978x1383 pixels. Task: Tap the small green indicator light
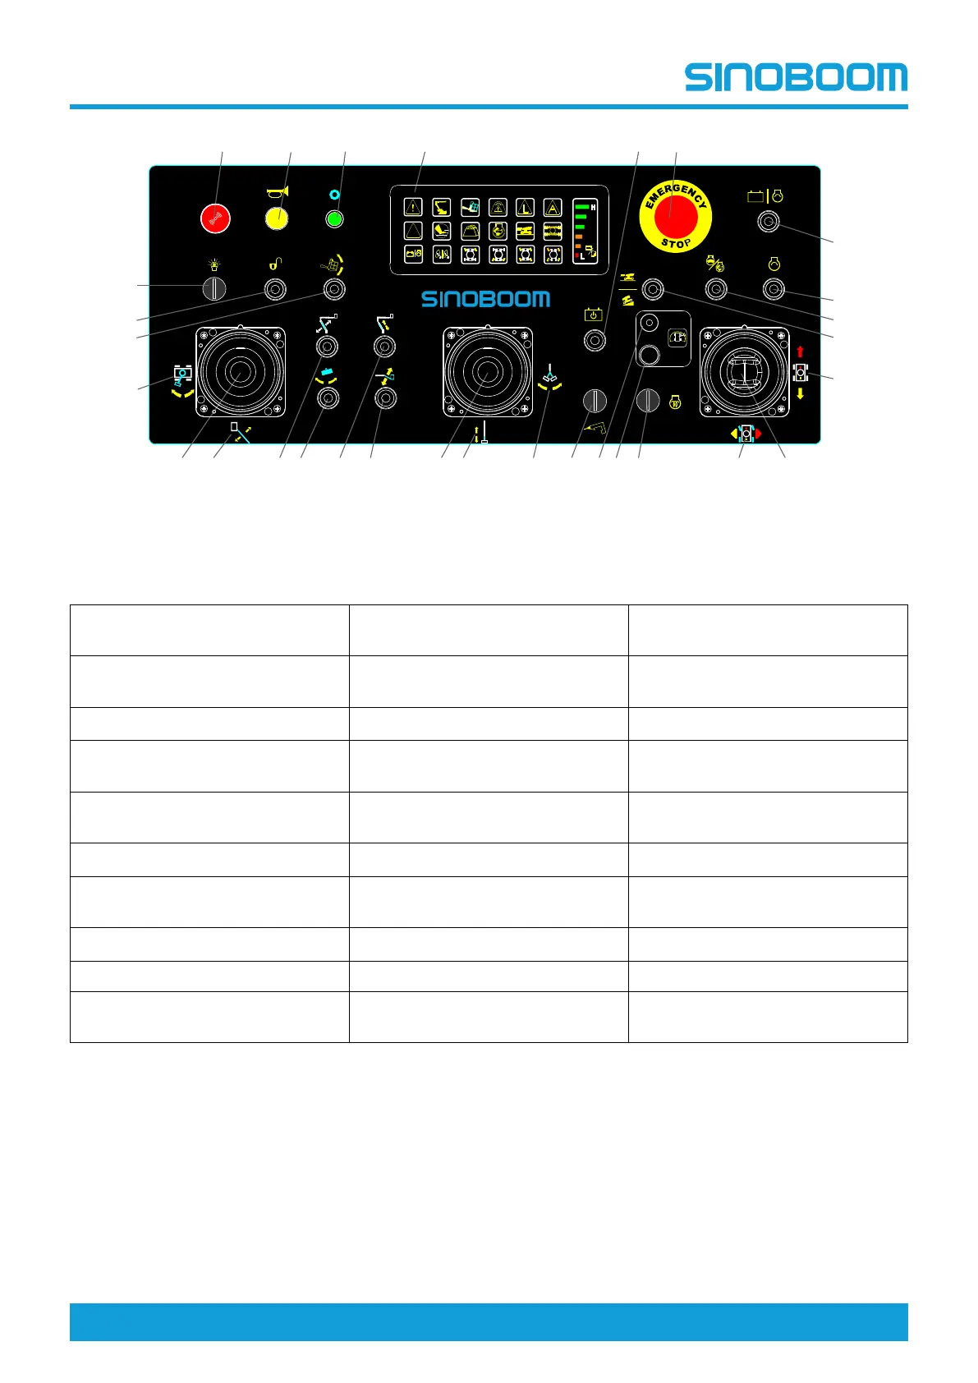[334, 219]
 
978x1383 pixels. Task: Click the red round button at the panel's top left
[215, 218]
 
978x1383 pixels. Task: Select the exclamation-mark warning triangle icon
[413, 207]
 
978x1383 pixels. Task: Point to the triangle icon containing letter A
[553, 208]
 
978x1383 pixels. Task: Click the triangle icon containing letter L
[525, 208]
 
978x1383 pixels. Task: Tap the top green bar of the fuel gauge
[580, 207]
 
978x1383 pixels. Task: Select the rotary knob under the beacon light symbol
[214, 289]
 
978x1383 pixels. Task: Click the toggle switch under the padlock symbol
[275, 289]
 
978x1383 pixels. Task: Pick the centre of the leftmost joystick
[240, 372]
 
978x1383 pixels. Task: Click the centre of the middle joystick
[487, 372]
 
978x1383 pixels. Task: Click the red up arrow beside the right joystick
[801, 351]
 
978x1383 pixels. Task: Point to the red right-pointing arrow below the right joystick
[759, 433]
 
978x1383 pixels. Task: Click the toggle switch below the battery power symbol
[595, 339]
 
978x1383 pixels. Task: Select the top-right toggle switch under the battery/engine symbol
[768, 221]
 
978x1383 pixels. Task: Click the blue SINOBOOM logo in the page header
[796, 78]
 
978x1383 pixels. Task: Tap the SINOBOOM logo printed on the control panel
[485, 299]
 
